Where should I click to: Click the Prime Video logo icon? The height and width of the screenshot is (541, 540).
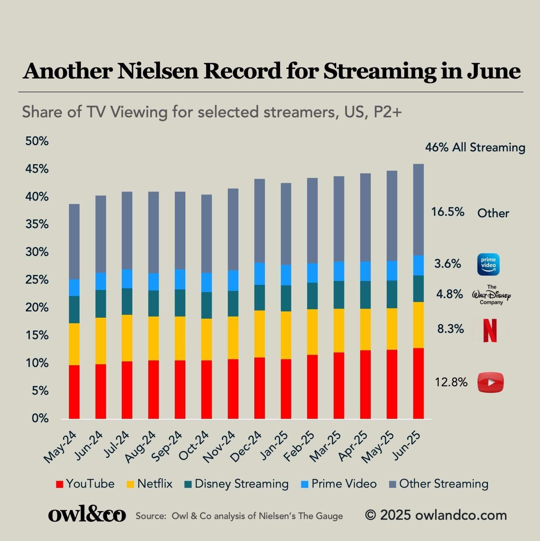click(488, 264)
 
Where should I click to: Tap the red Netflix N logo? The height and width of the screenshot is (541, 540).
click(490, 330)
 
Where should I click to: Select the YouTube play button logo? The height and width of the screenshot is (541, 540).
click(490, 382)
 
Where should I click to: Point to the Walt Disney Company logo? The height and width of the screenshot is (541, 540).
click(491, 295)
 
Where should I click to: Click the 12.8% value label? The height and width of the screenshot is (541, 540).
click(451, 382)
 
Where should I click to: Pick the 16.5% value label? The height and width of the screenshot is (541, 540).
click(448, 212)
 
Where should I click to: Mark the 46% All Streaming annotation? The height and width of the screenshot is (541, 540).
click(475, 148)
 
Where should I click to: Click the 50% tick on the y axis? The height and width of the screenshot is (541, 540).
click(37, 141)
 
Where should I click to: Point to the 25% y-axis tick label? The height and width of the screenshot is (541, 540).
click(37, 280)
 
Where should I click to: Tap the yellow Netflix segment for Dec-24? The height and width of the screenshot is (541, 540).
click(259, 334)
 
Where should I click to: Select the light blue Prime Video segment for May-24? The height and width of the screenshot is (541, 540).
click(74, 287)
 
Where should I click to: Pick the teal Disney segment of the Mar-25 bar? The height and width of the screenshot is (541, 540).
click(339, 295)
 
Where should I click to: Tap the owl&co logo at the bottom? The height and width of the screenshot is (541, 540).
click(87, 515)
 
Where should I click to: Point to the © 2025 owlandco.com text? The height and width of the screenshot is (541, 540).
click(436, 515)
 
